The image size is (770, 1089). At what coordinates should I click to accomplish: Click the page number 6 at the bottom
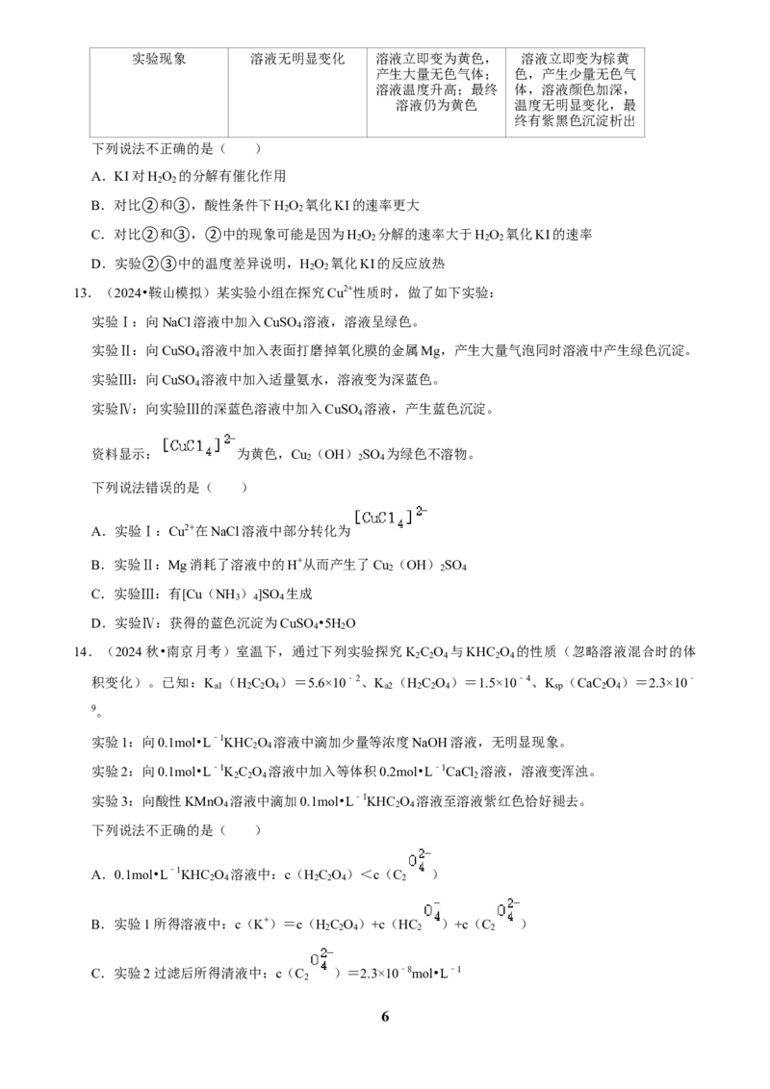[385, 1016]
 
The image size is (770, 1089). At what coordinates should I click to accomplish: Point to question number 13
[83, 293]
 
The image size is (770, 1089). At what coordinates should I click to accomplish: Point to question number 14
[83, 652]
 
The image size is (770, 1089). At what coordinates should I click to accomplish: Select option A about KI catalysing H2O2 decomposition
[189, 176]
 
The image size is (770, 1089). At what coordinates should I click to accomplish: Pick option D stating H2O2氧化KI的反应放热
[268, 264]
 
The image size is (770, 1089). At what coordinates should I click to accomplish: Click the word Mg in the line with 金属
[431, 352]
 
